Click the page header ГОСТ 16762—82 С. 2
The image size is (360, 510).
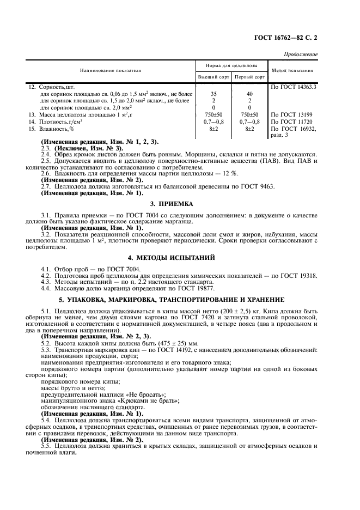click(x=285, y=39)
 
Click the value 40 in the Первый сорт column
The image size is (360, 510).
click(x=249, y=94)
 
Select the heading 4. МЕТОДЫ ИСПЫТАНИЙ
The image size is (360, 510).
click(x=180, y=257)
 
